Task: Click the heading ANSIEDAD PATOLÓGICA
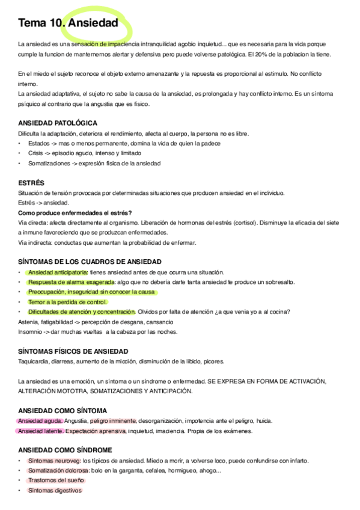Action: pos(57,123)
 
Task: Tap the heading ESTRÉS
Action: pos(31,182)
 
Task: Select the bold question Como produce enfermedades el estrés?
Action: pos(75,212)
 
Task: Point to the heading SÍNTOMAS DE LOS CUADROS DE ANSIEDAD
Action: pos(90,262)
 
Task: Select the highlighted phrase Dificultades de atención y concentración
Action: pos(82,312)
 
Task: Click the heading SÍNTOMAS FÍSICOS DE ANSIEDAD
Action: pos(73,351)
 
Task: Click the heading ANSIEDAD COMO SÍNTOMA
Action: pos(63,410)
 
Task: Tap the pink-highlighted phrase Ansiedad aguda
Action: pos(40,420)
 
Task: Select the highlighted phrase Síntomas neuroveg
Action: pos(54,460)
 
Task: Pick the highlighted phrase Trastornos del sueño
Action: pos(56,480)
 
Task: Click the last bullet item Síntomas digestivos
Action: pos(54,490)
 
